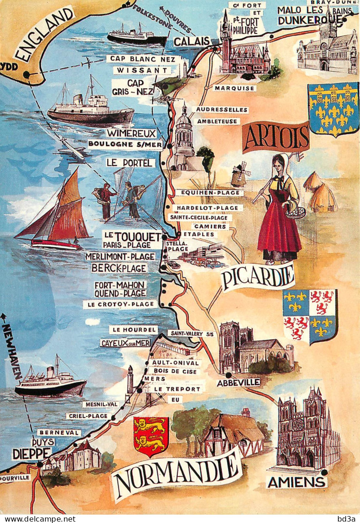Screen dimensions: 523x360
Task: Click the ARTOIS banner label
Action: click(x=276, y=137)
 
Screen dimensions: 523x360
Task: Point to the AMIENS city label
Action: click(x=297, y=482)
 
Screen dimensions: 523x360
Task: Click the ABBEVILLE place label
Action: click(x=238, y=382)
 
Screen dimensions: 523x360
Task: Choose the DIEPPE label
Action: click(x=31, y=453)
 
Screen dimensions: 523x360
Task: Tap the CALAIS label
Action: click(x=192, y=41)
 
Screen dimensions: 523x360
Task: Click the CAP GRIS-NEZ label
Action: click(x=132, y=87)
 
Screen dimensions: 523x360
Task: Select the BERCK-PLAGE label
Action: click(x=119, y=268)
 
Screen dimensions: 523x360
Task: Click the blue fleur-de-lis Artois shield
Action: click(x=333, y=109)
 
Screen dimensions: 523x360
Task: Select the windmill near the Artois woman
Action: click(x=240, y=174)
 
